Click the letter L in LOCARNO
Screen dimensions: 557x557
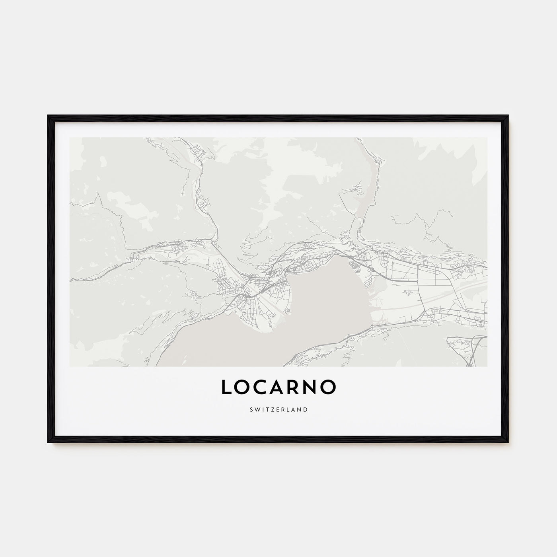pyautogui.click(x=226, y=387)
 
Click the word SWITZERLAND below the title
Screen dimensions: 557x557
pyautogui.click(x=278, y=409)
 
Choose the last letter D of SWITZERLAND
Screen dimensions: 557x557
pyautogui.click(x=306, y=409)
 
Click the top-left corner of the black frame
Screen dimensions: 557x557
pyautogui.click(x=48, y=116)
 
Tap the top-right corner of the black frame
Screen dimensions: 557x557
pyautogui.click(x=508, y=116)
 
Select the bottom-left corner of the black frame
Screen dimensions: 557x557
pyautogui.click(x=48, y=442)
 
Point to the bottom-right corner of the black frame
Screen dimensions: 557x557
pyautogui.click(x=508, y=442)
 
